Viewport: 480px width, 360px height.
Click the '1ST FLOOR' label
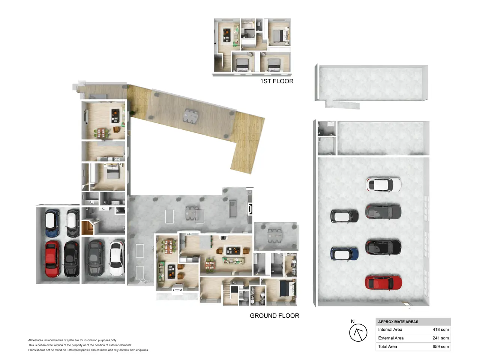277,81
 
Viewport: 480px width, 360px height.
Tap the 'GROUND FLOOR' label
274,316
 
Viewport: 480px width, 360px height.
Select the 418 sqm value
440,329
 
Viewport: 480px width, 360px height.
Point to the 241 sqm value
440,338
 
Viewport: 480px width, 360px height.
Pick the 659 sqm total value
440,346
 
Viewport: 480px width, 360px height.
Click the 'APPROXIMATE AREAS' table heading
398,322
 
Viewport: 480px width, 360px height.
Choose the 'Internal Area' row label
390,329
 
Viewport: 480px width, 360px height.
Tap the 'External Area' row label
391,338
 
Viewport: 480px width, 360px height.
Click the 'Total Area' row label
387,346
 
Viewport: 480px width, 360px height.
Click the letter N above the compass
352,321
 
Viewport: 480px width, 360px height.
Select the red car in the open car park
383,283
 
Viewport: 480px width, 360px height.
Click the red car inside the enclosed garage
52,259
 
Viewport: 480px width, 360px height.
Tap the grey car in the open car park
383,211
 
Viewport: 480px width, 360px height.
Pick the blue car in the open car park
344,254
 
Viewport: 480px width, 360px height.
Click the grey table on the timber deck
190,116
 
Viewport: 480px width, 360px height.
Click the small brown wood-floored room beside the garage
87,228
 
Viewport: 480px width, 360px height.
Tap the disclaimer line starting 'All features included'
72,340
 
